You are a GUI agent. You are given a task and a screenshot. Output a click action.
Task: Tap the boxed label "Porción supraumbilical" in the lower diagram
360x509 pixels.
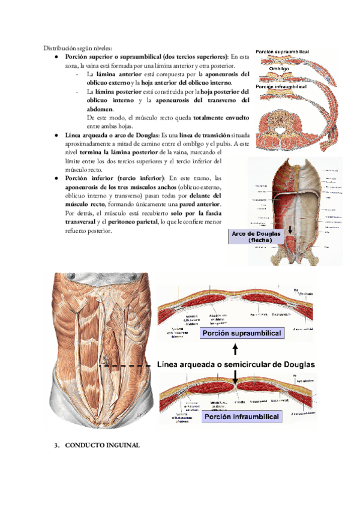[241, 333]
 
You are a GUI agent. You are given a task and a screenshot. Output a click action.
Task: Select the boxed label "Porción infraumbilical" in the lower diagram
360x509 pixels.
[241, 416]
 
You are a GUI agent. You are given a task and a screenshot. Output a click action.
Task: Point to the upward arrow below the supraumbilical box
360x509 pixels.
[236, 349]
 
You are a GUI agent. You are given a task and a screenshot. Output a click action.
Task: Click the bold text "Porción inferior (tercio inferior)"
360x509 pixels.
[115, 178]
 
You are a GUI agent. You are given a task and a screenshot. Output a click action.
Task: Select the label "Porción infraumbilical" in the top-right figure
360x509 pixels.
[281, 87]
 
